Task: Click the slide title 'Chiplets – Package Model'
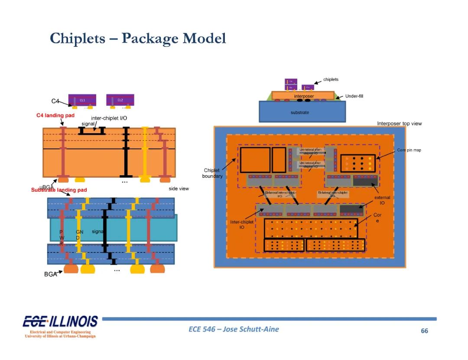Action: [x=138, y=38]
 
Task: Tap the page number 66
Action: [x=424, y=331]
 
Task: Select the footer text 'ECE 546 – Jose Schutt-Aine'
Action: [x=234, y=329]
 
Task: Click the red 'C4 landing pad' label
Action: [x=55, y=115]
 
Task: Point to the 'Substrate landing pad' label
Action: [x=59, y=190]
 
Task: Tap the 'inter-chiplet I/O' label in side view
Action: [x=109, y=118]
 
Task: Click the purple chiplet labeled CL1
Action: [x=82, y=100]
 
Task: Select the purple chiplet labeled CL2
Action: [x=120, y=100]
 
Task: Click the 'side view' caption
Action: [x=179, y=189]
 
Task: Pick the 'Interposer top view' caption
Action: [x=399, y=124]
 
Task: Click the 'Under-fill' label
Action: [x=354, y=96]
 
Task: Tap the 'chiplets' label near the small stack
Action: [x=331, y=79]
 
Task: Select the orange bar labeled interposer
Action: [x=303, y=96]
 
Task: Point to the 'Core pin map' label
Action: [x=409, y=150]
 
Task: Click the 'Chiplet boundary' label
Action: [x=212, y=173]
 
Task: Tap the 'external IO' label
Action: [x=382, y=200]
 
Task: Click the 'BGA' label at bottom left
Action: [x=50, y=274]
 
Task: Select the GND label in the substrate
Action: [x=79, y=235]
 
